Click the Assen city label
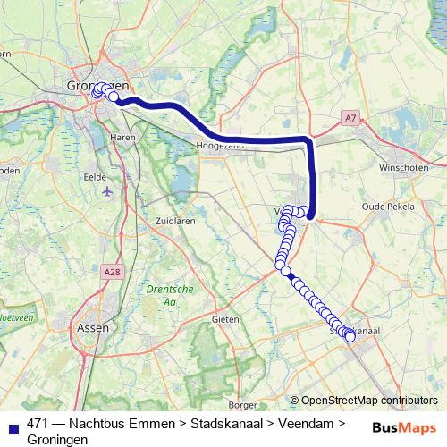coord(95,327)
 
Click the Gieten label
coord(224,318)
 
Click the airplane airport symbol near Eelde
coord(108,191)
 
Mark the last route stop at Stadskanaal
coord(350,336)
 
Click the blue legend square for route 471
coord(13,425)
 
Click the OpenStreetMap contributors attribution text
coord(369,401)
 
